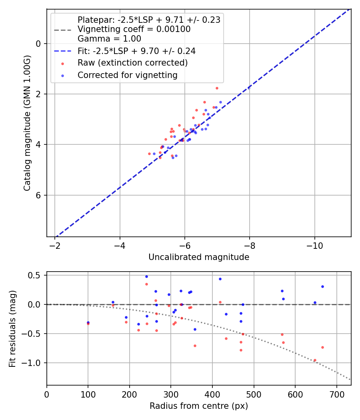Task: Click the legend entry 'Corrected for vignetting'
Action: [x=127, y=75]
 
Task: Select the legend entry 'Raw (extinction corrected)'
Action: [x=132, y=63]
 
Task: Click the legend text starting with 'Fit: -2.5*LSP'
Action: [x=136, y=51]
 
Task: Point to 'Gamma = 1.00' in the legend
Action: [x=109, y=39]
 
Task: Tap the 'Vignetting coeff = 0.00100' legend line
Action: [x=134, y=29]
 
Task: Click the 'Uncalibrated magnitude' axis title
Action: [x=199, y=257]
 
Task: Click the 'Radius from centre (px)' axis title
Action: [x=199, y=406]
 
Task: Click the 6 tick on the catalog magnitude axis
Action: [x=39, y=195]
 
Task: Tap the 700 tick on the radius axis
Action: [x=336, y=394]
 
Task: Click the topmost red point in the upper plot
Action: [x=217, y=88]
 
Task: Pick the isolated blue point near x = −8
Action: [x=249, y=88]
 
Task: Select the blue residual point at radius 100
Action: [x=88, y=322]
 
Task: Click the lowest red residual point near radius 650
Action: [x=315, y=360]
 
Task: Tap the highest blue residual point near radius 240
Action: [x=146, y=276]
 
